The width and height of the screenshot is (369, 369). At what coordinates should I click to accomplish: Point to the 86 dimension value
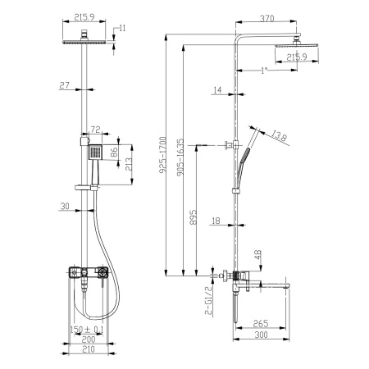[116, 152]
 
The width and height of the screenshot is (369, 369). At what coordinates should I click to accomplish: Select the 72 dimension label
[94, 130]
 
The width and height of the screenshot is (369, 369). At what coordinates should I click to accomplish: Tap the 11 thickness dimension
[122, 30]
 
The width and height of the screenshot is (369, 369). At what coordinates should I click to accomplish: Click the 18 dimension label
[214, 220]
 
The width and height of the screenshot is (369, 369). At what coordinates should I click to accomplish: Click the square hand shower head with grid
[97, 153]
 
